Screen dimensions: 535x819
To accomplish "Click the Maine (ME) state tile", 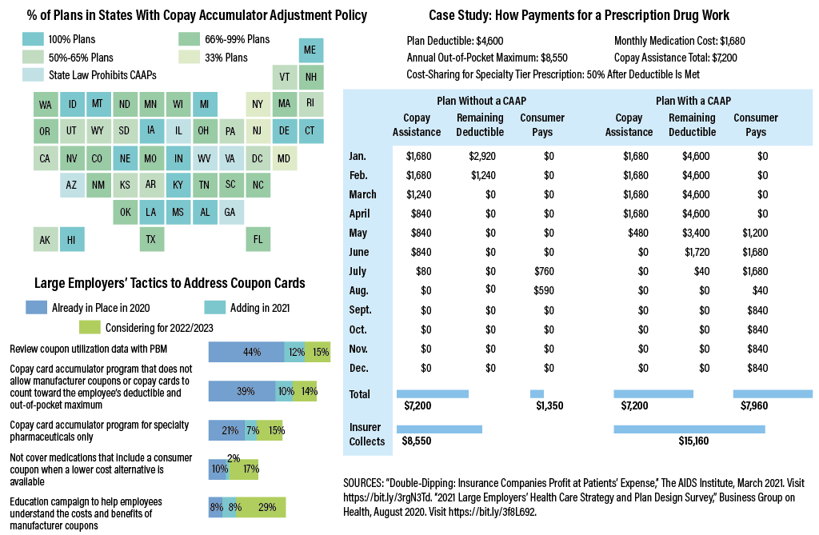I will pos(312,50).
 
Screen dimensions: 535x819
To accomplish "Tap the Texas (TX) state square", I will pos(151,238).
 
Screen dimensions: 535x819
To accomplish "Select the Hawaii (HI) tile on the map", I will pos(71,238).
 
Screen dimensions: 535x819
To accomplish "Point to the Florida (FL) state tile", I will pos(258,238).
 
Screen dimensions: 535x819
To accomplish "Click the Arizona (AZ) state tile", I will pos(71,185).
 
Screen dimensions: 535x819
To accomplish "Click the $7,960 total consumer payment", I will pos(754,405).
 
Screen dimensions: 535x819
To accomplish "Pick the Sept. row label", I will pos(362,309).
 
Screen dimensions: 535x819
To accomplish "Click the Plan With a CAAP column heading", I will pos(693,101).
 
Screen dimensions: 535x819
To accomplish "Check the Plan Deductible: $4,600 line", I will pos(454,40).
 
